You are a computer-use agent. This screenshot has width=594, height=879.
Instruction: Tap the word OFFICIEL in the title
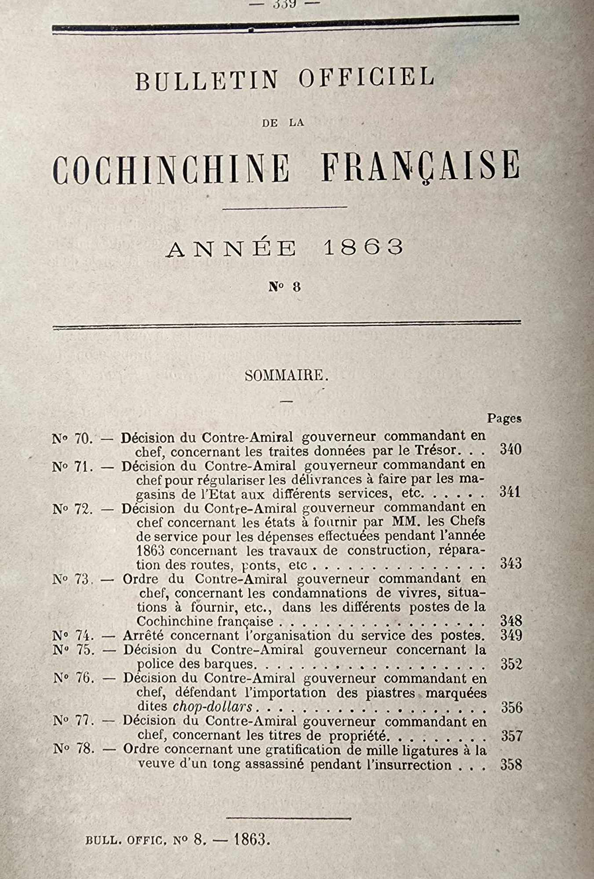click(366, 78)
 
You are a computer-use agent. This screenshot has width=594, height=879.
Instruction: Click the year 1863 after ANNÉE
click(363, 247)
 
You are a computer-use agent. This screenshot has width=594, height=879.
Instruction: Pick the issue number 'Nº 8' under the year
click(285, 287)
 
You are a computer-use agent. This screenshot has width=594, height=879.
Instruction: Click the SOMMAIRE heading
click(286, 375)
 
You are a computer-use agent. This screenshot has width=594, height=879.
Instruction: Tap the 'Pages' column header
click(504, 418)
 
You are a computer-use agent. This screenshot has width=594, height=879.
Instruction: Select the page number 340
click(510, 449)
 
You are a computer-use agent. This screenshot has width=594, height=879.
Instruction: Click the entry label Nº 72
click(72, 509)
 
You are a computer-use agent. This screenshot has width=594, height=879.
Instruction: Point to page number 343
click(510, 563)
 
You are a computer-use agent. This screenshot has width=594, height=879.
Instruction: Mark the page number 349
click(511, 635)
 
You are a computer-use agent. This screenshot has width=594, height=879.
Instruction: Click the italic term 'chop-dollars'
click(213, 707)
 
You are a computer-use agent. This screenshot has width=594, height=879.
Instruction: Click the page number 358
click(511, 765)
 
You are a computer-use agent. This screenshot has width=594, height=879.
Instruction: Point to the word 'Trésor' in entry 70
click(435, 450)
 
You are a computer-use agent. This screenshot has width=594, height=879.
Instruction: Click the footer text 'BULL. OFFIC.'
click(126, 840)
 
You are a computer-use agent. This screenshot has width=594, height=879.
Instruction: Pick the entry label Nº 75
click(73, 650)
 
